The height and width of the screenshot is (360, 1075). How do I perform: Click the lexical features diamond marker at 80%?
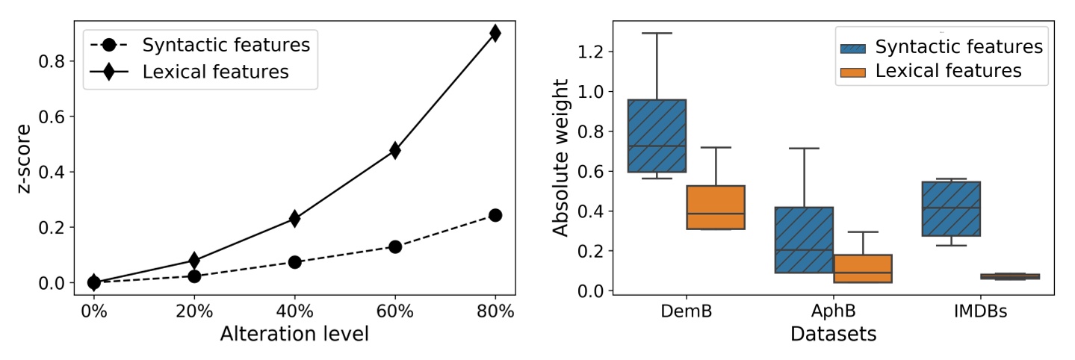pyautogui.click(x=495, y=33)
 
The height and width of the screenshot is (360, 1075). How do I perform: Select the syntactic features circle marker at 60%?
pyautogui.click(x=394, y=246)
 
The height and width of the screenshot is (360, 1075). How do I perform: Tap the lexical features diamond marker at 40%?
pyautogui.click(x=294, y=218)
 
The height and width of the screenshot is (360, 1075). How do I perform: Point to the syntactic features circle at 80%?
pyautogui.click(x=495, y=215)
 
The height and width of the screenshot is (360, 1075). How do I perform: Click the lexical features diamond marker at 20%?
pyautogui.click(x=194, y=261)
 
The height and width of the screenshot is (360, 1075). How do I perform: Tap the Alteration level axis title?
pyautogui.click(x=294, y=334)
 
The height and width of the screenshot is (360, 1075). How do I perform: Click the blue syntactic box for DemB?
pyautogui.click(x=657, y=136)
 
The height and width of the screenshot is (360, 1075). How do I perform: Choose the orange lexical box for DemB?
pyautogui.click(x=716, y=207)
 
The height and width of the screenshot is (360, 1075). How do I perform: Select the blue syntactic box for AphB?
pyautogui.click(x=804, y=240)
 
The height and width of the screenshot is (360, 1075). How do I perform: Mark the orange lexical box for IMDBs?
pyautogui.click(x=1009, y=276)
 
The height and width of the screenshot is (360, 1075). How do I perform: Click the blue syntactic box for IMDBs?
pyautogui.click(x=950, y=208)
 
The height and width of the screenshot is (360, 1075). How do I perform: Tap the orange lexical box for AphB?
pyautogui.click(x=862, y=269)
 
